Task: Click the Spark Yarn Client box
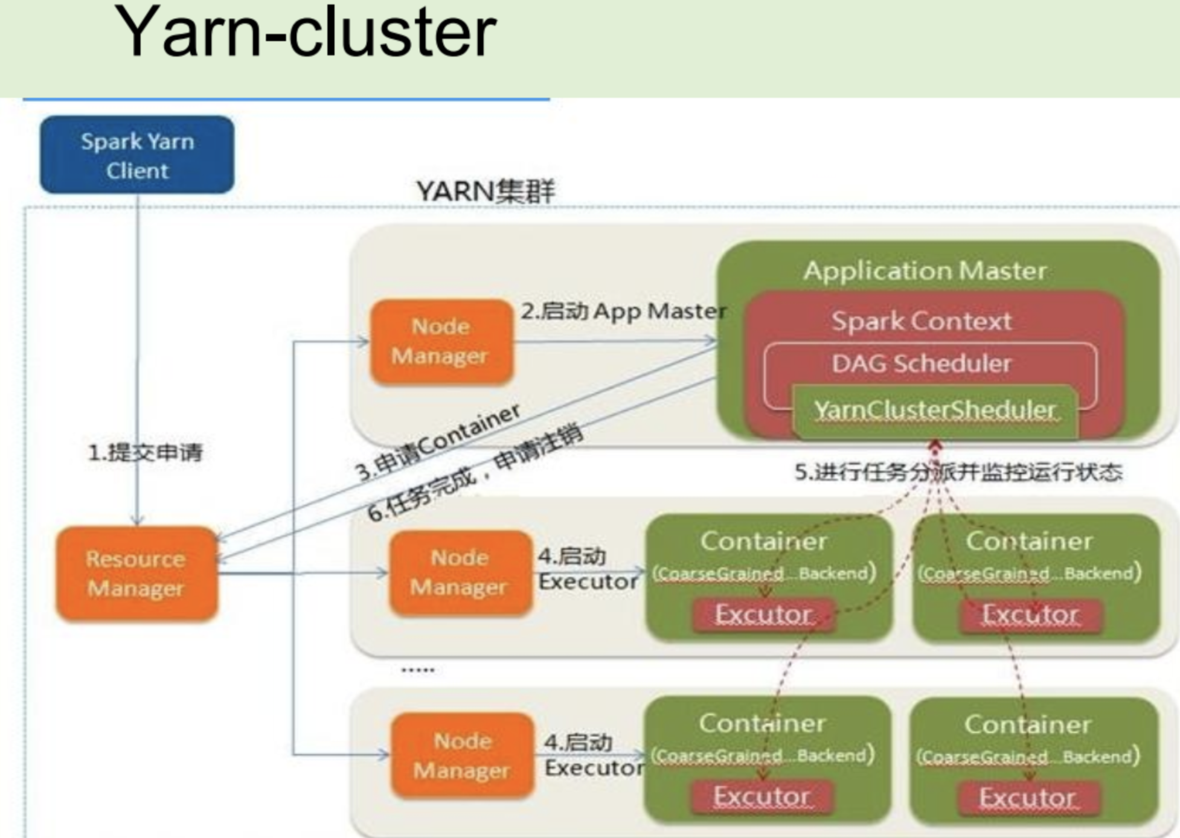[x=137, y=155]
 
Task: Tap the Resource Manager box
[x=136, y=573]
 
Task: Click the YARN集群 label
[x=485, y=191]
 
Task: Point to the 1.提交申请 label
[x=146, y=452]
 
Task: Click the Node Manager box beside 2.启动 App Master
[x=441, y=341]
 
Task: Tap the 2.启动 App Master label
[x=623, y=311]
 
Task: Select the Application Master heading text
[x=924, y=270]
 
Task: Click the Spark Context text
[x=921, y=321]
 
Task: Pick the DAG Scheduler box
[x=921, y=363]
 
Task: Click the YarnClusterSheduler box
[x=935, y=410]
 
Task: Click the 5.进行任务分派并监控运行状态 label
[x=958, y=472]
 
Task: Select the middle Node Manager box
[x=460, y=572]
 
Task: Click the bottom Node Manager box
[x=462, y=755]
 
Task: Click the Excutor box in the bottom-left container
[x=762, y=796]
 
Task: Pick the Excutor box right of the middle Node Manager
[x=763, y=614]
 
